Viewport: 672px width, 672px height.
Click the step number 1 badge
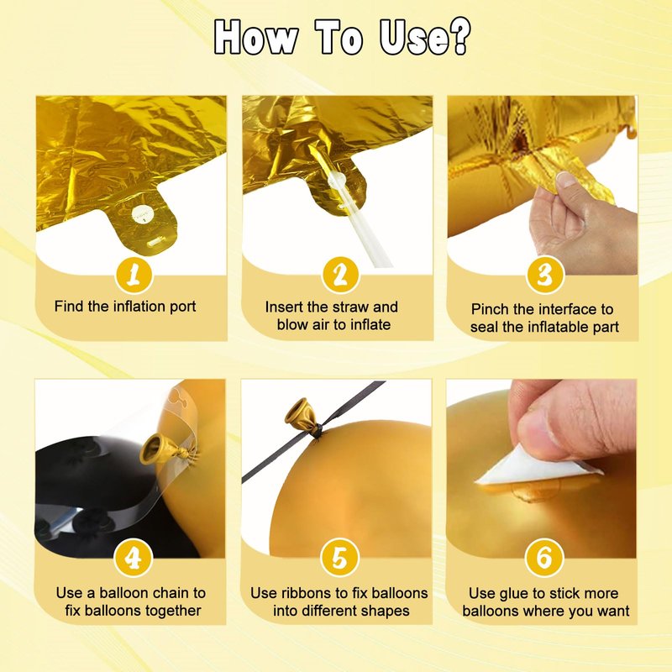[134, 275]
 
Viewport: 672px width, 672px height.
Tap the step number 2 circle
[340, 275]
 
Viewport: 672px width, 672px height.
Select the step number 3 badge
[544, 275]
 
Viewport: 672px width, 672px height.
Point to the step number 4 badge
[134, 558]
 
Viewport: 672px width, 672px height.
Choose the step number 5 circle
[340, 557]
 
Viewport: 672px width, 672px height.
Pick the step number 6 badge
[544, 557]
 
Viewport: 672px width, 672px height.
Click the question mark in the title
[459, 36]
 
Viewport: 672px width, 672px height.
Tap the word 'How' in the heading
[256, 37]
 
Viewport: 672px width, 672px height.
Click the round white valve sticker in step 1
[140, 213]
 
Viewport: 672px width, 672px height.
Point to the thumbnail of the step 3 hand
[566, 180]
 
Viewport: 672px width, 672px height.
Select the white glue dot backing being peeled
[536, 468]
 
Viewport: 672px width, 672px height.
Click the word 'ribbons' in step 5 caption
[308, 593]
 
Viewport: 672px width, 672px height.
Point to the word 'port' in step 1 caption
[183, 307]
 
